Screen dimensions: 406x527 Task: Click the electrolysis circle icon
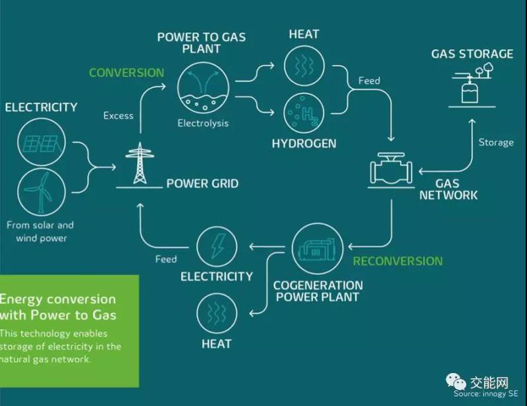tap(203, 90)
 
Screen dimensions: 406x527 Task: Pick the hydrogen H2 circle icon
tap(304, 113)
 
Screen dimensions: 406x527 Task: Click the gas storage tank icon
tap(470, 88)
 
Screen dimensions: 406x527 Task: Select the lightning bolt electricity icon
tap(217, 248)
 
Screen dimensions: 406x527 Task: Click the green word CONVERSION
tap(126, 72)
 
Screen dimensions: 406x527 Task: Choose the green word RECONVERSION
tap(397, 261)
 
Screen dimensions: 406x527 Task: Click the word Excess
tap(119, 116)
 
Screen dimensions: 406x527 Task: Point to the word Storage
tap(495, 142)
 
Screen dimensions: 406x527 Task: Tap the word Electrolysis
tap(203, 123)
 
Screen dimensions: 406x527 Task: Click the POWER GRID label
tap(202, 184)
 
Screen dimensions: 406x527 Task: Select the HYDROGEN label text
tap(304, 143)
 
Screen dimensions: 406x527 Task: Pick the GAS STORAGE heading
tap(472, 54)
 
